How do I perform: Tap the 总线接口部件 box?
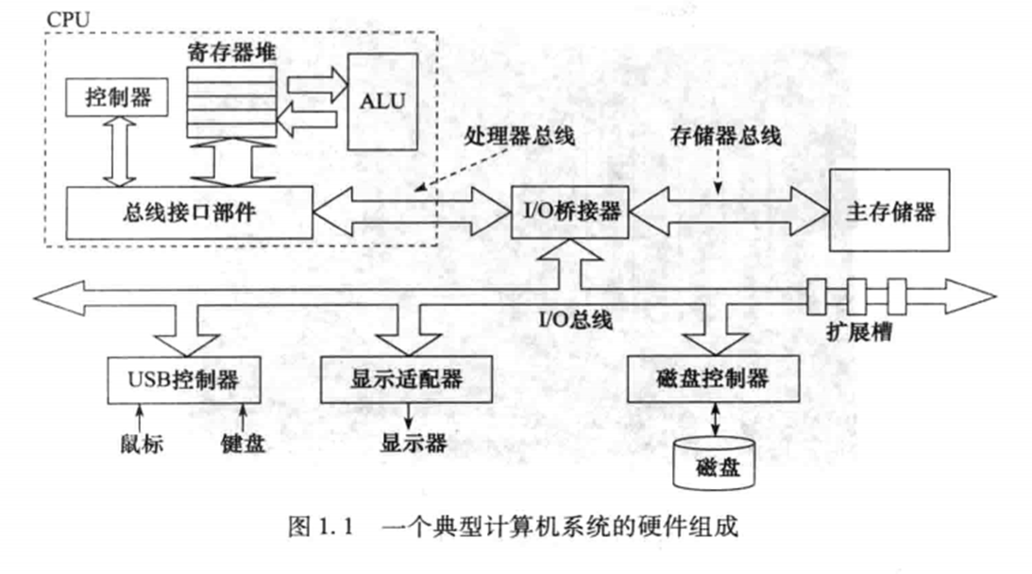tap(189, 212)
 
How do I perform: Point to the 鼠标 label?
tap(143, 443)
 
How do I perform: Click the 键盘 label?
tap(243, 443)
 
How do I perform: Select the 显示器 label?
tap(414, 442)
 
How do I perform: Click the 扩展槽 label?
tap(856, 332)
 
